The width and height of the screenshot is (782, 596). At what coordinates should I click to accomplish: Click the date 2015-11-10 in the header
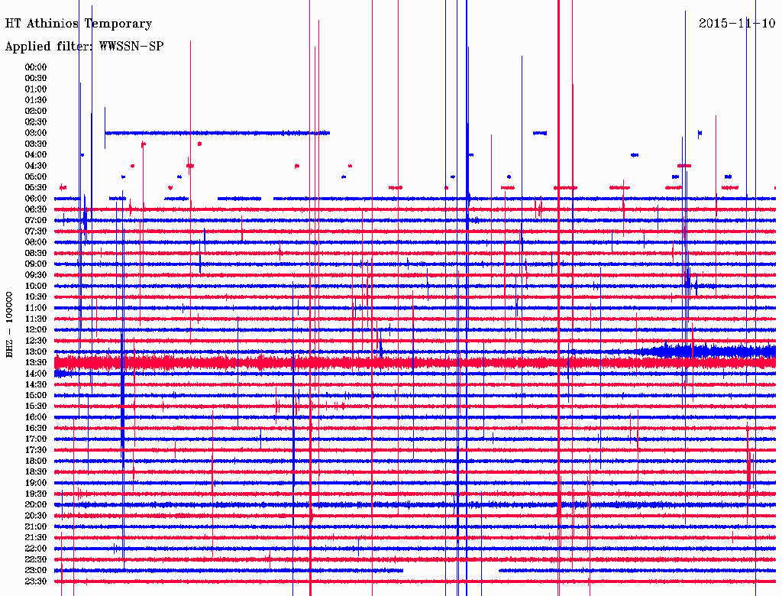(737, 23)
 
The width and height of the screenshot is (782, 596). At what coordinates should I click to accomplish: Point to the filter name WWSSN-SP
(131, 47)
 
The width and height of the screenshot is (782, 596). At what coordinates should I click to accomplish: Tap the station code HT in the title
(12, 24)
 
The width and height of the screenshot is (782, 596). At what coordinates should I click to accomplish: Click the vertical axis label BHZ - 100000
(10, 324)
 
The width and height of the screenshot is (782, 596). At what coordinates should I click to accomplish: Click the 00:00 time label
(36, 67)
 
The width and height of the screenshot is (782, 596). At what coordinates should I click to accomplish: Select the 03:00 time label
(36, 133)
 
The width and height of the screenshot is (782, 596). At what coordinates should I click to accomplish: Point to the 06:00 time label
(36, 199)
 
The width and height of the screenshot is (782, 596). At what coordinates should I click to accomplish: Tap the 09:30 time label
(36, 275)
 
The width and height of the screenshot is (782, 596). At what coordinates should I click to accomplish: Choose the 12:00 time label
(36, 329)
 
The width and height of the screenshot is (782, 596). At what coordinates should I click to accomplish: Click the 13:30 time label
(36, 362)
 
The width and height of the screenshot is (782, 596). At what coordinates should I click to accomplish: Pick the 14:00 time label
(36, 373)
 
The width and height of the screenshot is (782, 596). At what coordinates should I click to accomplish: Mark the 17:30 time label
(36, 450)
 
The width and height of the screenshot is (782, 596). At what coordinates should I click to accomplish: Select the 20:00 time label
(36, 504)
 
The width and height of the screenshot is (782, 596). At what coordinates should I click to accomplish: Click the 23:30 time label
(36, 581)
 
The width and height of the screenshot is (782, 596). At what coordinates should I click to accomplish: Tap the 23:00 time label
(36, 570)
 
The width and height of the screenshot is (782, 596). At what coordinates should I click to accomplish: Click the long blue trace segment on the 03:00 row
(217, 133)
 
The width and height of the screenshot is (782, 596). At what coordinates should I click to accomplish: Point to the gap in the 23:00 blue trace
(451, 570)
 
